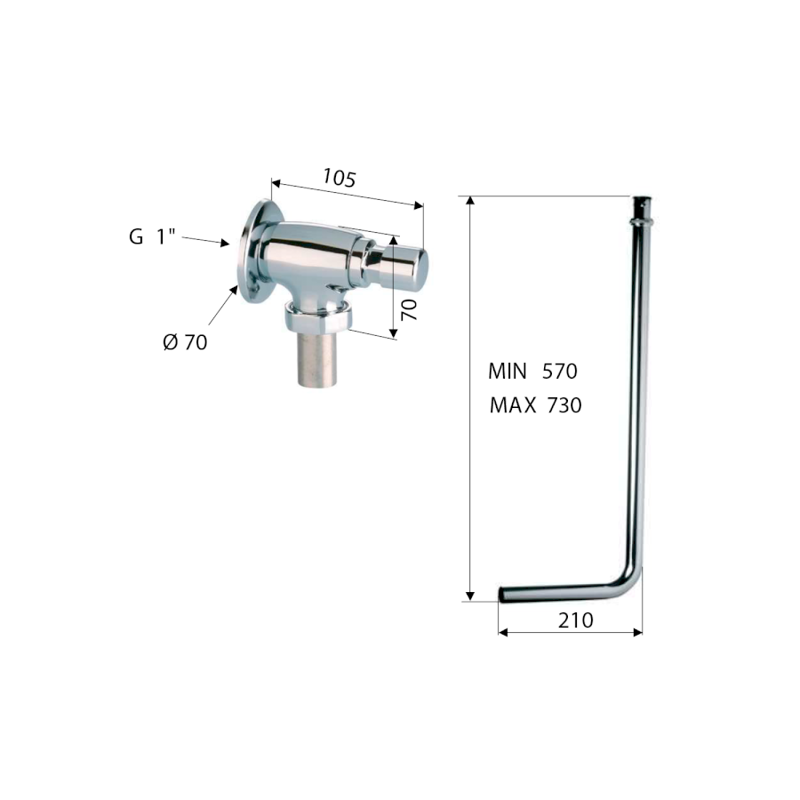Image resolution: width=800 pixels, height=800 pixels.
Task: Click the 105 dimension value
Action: click(339, 178)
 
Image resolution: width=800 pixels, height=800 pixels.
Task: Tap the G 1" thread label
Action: click(152, 236)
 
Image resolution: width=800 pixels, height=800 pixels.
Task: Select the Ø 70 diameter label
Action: click(185, 342)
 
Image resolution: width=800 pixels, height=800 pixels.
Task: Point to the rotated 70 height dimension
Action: click(409, 309)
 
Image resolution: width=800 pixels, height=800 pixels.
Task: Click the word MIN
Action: click(508, 372)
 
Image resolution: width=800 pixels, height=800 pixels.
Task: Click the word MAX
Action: click(513, 405)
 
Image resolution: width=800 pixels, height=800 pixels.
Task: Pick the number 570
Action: click(560, 372)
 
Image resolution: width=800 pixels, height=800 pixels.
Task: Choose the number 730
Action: click(564, 405)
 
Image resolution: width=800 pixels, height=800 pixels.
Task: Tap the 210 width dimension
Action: click(575, 620)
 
